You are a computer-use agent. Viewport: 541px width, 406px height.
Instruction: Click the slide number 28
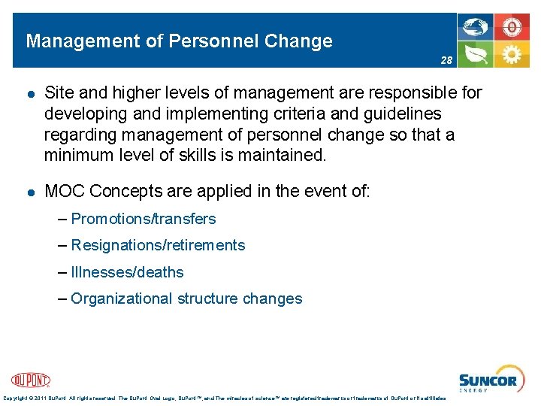446,59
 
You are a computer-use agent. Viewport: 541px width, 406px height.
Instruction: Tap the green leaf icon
476,54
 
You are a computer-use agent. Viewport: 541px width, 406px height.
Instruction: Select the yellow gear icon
512,54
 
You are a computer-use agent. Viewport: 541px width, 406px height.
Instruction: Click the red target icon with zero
512,28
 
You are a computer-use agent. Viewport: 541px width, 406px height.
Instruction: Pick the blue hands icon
476,28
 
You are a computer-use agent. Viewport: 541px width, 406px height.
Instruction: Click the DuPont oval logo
31,380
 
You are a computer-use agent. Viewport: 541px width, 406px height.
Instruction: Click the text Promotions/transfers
143,219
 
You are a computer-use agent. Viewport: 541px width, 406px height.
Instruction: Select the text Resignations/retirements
158,245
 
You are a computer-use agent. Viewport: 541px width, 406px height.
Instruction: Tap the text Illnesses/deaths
127,272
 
